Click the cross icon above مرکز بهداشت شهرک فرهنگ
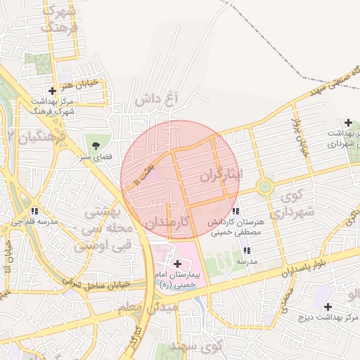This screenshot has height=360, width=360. (x=53, y=91)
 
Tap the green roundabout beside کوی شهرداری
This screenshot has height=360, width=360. (x=264, y=187)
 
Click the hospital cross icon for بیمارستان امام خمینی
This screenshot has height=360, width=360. (x=176, y=264)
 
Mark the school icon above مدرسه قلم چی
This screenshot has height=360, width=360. (x=34, y=210)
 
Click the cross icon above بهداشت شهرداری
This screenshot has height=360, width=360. (x=349, y=122)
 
